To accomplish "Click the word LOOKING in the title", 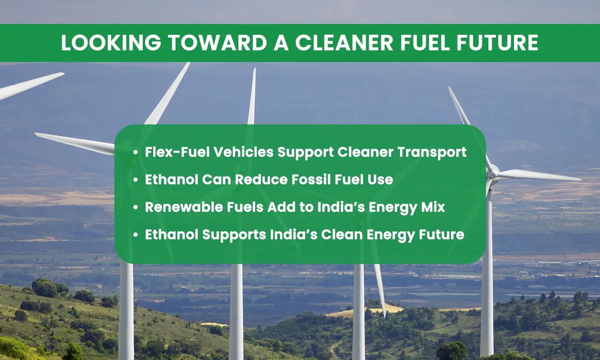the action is (x=111, y=43).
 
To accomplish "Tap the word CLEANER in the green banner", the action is (x=344, y=43).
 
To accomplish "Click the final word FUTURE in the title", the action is (x=498, y=43).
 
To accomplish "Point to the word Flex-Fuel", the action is (x=177, y=152).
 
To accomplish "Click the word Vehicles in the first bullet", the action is (x=243, y=152).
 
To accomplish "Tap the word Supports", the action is (x=234, y=235).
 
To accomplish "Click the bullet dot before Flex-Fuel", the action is (x=136, y=152).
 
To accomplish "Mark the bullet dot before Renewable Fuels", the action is (x=136, y=207).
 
